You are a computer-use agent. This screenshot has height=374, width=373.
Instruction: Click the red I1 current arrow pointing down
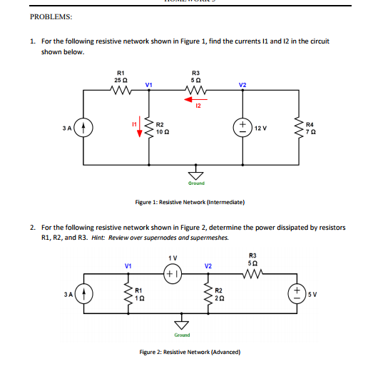[140, 129]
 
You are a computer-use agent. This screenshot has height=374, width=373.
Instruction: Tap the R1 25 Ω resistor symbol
[121, 91]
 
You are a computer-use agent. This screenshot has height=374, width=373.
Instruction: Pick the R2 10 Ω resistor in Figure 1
[149, 128]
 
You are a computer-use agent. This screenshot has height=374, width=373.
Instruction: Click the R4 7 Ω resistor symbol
[300, 129]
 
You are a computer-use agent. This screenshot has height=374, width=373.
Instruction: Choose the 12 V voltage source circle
[243, 129]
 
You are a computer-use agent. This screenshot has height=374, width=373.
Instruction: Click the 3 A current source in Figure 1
[83, 129]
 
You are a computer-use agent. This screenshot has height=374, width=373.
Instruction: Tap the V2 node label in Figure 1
[242, 84]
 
